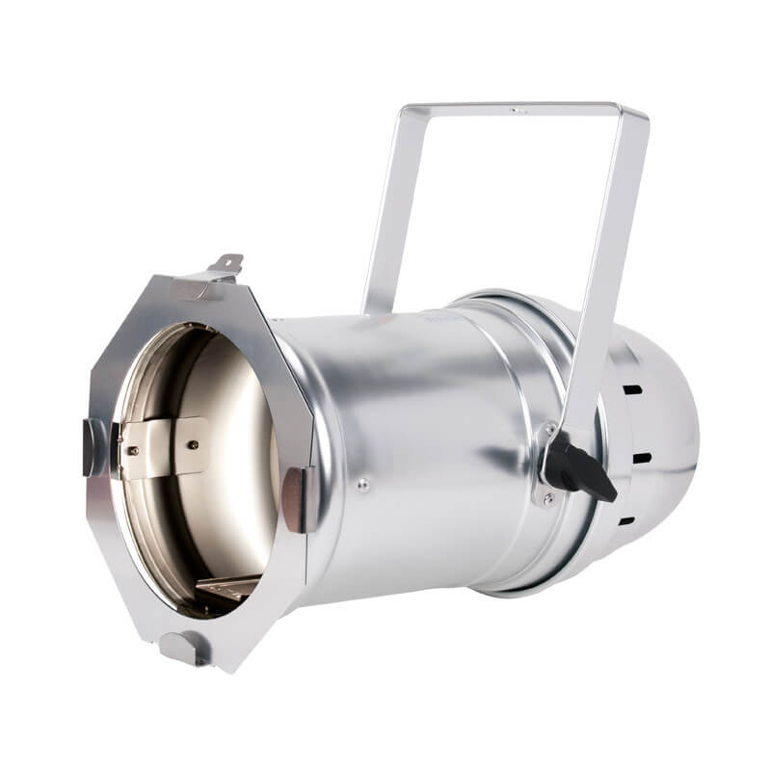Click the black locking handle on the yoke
(578, 470)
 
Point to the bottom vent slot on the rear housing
(626, 521)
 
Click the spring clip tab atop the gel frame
(225, 264)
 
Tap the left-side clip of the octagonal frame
(95, 446)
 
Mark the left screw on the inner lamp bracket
(132, 449)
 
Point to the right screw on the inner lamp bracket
(193, 444)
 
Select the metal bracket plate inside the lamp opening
(164, 447)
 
